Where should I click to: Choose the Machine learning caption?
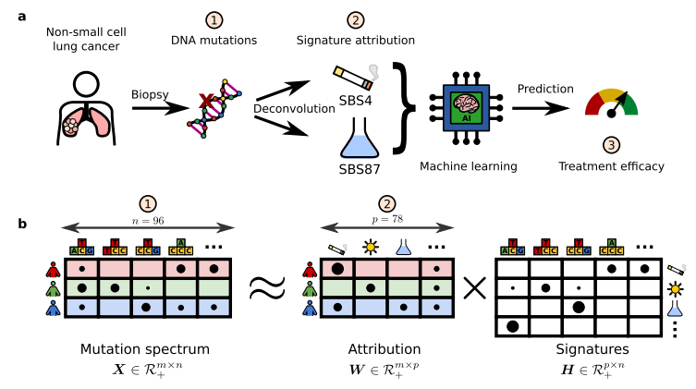coord(468,166)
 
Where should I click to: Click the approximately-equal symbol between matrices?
coord(269,287)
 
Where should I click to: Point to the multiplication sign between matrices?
coord(474,289)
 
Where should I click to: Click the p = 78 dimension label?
coord(386,222)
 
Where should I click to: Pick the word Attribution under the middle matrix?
coord(386,351)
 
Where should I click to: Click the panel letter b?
coord(22,223)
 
